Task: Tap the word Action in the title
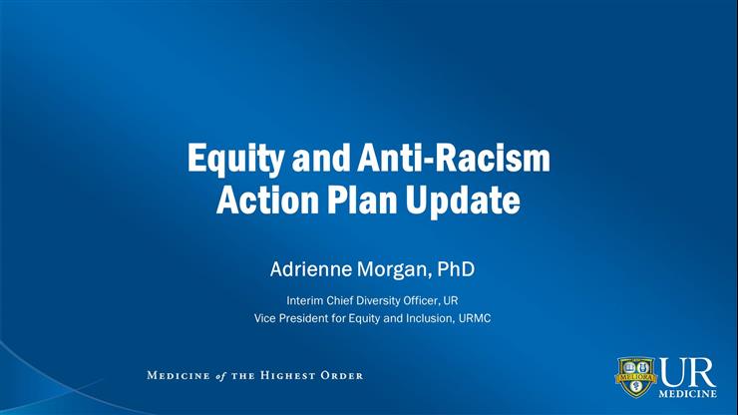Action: tap(262, 201)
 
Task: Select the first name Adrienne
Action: tap(310, 268)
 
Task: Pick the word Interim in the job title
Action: tap(305, 299)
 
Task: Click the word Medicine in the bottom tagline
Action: tap(179, 376)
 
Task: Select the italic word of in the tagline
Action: tap(221, 376)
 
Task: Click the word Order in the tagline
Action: tap(345, 376)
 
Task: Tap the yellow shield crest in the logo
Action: tap(635, 377)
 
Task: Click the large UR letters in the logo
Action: tap(686, 370)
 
